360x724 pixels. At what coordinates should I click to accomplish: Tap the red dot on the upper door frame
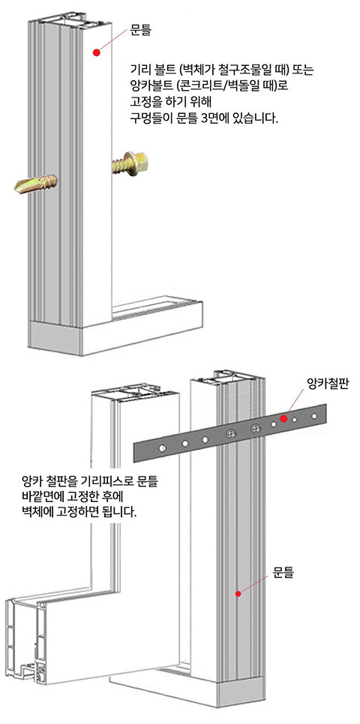click(96, 52)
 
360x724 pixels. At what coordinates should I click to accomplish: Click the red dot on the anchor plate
click(283, 418)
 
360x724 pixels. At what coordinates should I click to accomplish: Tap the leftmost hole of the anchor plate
click(161, 448)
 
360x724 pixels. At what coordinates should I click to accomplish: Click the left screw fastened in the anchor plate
click(231, 433)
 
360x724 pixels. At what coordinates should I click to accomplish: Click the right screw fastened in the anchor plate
click(255, 429)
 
